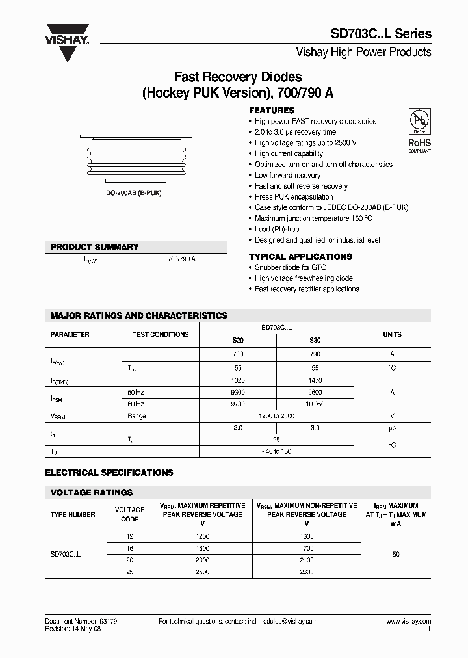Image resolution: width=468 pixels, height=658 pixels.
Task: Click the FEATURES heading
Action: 272,111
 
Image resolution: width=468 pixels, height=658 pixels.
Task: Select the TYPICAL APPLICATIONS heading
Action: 300,257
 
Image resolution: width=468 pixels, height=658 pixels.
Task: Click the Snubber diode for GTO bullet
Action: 290,267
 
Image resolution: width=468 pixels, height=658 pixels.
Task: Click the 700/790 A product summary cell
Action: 181,259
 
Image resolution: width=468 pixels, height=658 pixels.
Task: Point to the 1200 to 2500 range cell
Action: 276,416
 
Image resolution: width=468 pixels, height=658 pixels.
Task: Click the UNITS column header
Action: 392,334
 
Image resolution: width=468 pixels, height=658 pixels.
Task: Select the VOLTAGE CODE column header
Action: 130,514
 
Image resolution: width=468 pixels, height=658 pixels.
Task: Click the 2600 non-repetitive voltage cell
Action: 307,572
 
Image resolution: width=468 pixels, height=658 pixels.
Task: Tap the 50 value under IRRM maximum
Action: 396,555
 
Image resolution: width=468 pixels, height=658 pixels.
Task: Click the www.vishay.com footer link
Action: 408,622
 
